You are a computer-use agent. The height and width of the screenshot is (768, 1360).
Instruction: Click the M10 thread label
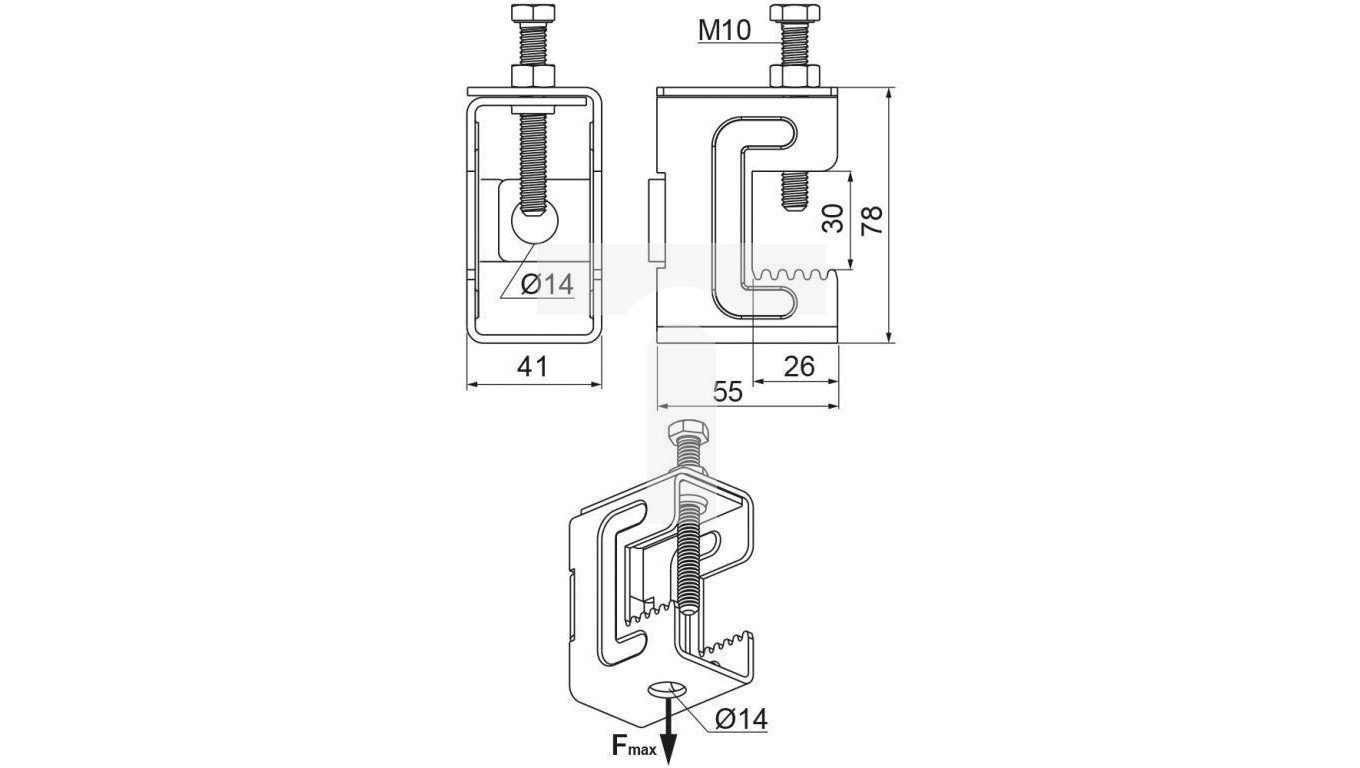(724, 30)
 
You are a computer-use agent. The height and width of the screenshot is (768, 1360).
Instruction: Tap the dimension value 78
(872, 220)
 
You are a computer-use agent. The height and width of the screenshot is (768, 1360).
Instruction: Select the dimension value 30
(833, 219)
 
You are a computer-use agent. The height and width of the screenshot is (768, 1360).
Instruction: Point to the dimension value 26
(799, 366)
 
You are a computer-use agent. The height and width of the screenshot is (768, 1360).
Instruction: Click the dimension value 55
(727, 392)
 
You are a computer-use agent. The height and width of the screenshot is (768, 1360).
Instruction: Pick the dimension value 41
(532, 366)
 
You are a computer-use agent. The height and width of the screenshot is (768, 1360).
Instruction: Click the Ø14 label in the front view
(547, 284)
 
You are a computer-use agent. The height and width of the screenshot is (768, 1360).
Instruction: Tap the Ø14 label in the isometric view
(741, 719)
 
